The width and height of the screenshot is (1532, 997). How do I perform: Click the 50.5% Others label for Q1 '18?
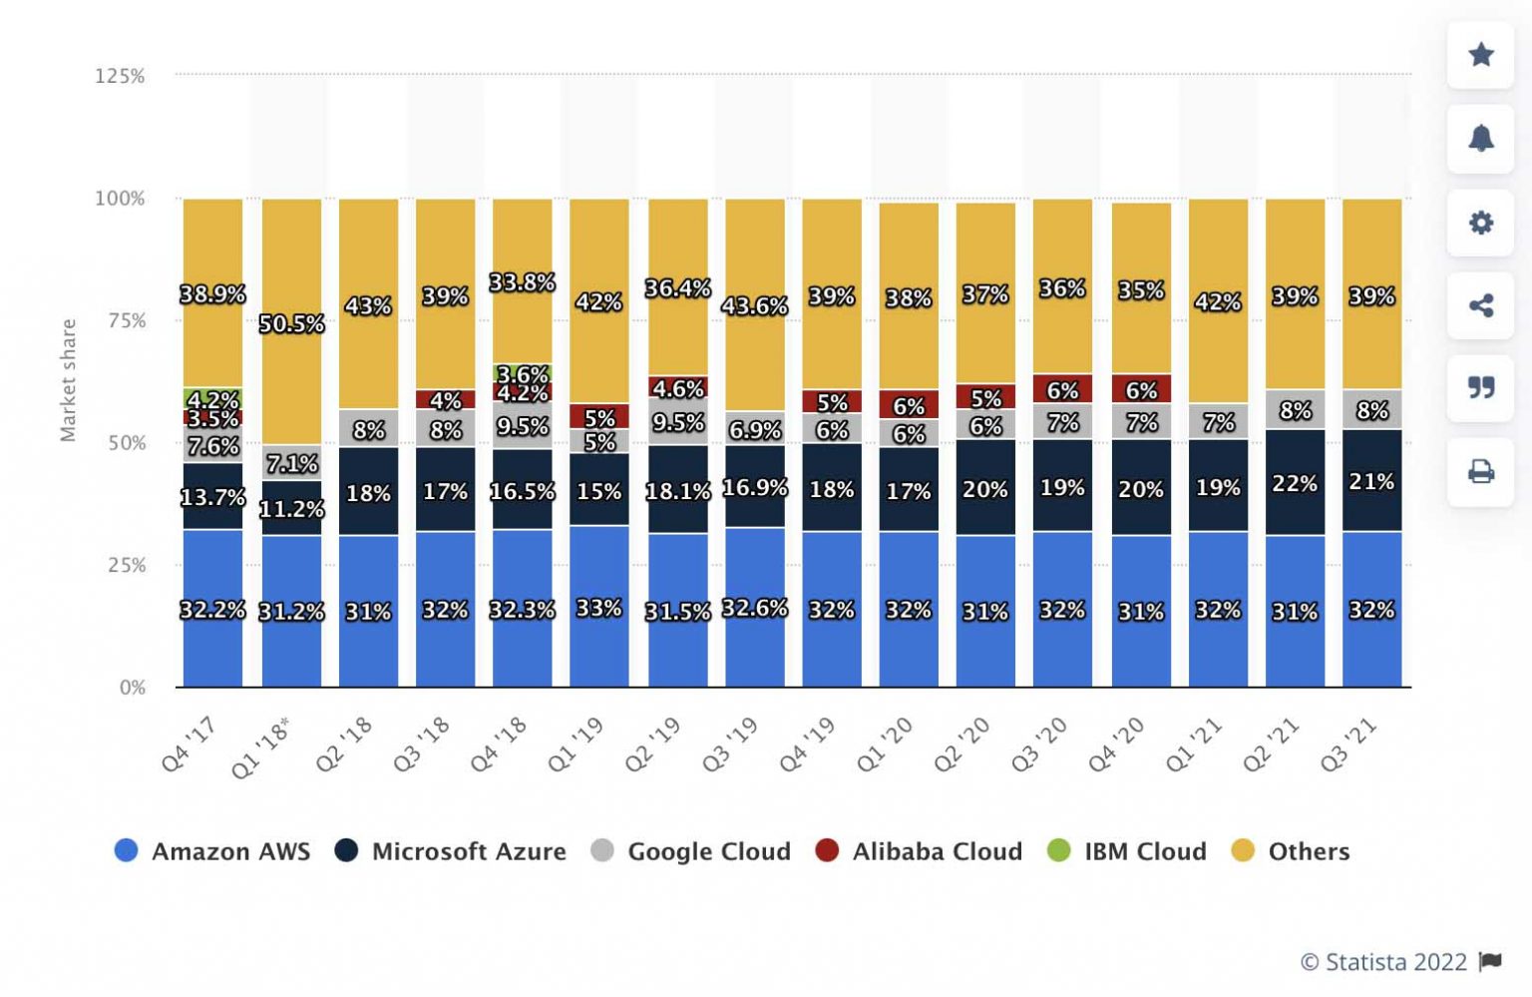pos(291,324)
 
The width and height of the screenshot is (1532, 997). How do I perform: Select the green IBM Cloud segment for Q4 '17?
pos(212,398)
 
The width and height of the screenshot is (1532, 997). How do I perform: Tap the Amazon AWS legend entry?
pos(212,851)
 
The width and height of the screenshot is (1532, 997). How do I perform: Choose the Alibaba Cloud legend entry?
pos(919,851)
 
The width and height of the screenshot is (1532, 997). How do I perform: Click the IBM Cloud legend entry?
pos(1127,851)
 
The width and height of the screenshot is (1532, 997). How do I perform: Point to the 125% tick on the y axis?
pos(120,76)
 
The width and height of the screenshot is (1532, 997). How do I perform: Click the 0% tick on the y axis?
pos(132,688)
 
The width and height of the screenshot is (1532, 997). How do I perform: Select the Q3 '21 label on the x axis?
pos(1348,746)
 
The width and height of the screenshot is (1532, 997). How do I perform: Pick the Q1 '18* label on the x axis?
pos(261,748)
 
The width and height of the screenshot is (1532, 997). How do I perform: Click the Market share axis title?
pos(68,380)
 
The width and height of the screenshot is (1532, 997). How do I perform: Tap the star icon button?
pos(1481,54)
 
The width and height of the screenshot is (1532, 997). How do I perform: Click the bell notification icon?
pos(1481,138)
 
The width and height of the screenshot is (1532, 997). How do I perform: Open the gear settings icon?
pos(1481,222)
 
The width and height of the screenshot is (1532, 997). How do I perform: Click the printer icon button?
pos(1481,471)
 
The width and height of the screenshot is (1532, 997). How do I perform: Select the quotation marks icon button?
pos(1481,387)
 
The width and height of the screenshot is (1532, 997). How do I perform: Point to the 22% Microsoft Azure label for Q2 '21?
pos(1295,484)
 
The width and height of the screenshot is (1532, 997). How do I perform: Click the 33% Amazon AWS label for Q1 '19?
pos(598,609)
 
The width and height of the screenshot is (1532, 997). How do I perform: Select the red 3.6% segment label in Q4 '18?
pos(523,375)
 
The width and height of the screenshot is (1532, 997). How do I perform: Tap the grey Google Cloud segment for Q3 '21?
pos(1371,410)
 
